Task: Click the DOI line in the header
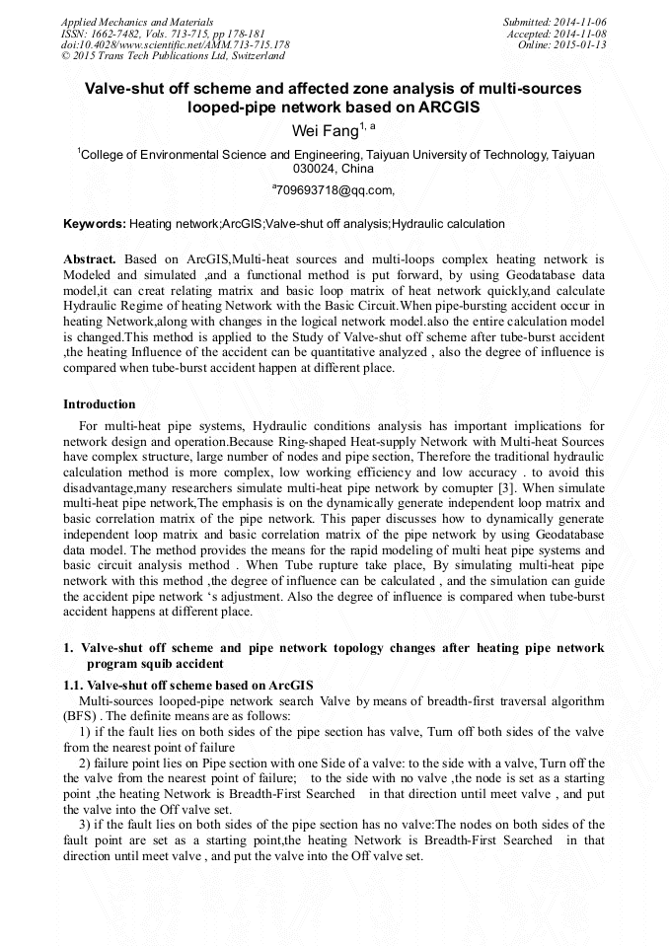[175, 44]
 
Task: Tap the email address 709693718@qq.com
[334, 189]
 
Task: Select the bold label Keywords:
[95, 224]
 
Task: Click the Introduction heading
[100, 404]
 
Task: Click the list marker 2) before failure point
[84, 764]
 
